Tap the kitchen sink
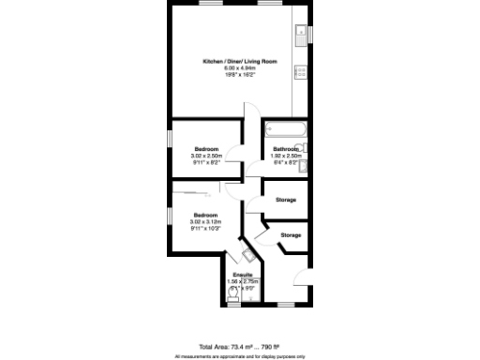pyautogui.click(x=300, y=35)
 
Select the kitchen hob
pyautogui.click(x=301, y=72)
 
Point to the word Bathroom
pyautogui.click(x=286, y=149)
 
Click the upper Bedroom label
pyautogui.click(x=207, y=149)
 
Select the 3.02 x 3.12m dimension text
pyautogui.click(x=206, y=220)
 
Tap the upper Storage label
pyautogui.click(x=287, y=200)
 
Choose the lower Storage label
pyautogui.click(x=292, y=234)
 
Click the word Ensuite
pyautogui.click(x=243, y=275)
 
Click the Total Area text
pyautogui.click(x=239, y=346)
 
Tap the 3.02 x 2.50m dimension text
pyautogui.click(x=207, y=156)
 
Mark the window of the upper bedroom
pyautogui.click(x=171, y=140)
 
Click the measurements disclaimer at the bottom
pyautogui.click(x=239, y=356)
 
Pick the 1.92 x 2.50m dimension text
pyautogui.click(x=286, y=156)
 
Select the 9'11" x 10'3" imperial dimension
pyautogui.click(x=206, y=228)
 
